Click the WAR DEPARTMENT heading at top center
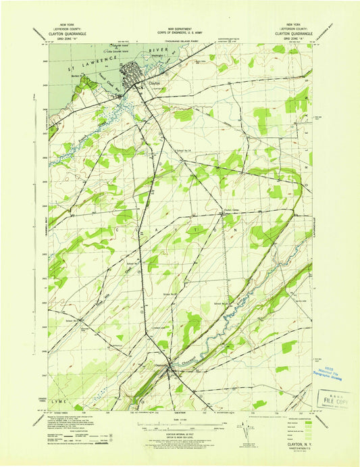pos(180,32)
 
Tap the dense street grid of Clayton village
pos(132,72)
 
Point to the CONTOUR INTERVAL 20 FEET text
pos(179,437)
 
